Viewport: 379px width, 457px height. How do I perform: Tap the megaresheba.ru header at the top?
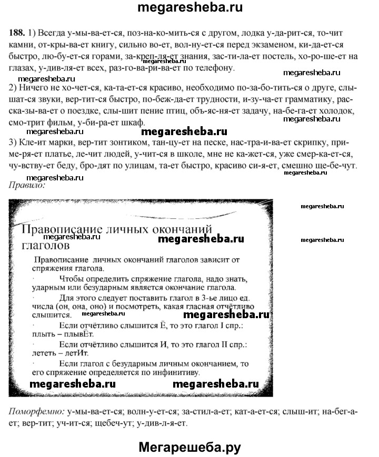tap(189, 8)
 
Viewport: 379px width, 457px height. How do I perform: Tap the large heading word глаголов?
tap(46, 245)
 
